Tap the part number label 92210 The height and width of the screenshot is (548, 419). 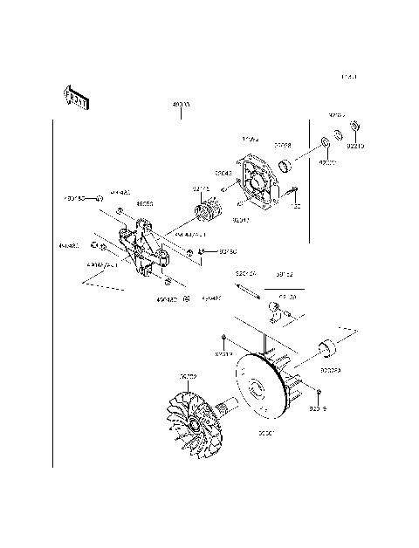355,147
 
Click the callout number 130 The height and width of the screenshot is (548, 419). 296,206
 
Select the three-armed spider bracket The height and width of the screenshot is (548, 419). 144,248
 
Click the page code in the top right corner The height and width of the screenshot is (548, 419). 349,79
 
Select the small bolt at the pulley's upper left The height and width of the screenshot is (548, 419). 224,337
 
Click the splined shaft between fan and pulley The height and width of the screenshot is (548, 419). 231,404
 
